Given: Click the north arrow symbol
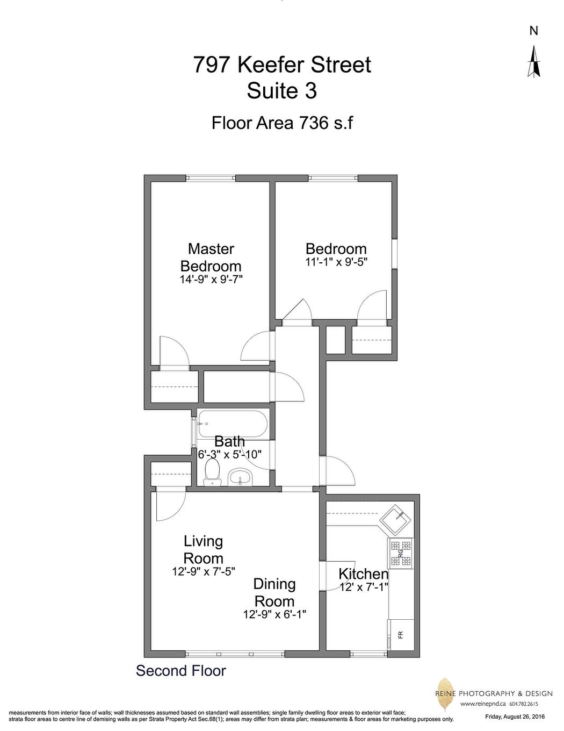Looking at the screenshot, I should click(x=533, y=61).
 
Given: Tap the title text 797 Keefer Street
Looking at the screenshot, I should click(x=281, y=65).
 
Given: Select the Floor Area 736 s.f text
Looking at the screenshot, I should click(x=281, y=123).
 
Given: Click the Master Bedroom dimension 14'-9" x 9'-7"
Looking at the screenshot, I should click(x=211, y=279).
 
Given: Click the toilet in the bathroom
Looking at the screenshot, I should click(x=213, y=473).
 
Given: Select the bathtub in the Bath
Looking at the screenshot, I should click(x=232, y=424).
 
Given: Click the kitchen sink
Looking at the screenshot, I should click(x=396, y=519).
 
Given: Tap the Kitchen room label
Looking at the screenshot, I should click(x=363, y=574).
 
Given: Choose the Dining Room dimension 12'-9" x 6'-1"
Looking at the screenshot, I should click(x=274, y=614).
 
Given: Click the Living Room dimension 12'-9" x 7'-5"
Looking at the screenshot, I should click(x=204, y=571).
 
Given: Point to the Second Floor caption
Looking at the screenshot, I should click(x=181, y=671).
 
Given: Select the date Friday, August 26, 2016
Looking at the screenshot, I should click(x=515, y=716).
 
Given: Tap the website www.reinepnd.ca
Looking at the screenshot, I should click(x=483, y=704).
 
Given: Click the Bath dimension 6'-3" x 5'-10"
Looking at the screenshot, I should click(x=230, y=454).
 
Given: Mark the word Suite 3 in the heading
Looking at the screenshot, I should click(x=281, y=91).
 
